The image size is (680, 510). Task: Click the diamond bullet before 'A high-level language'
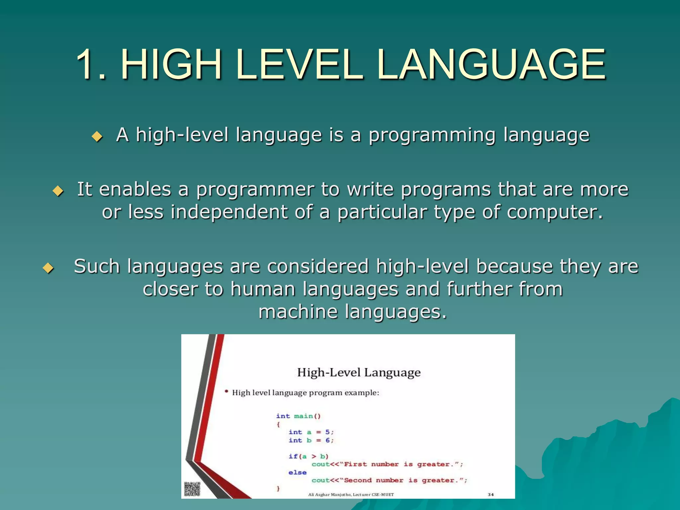pyautogui.click(x=97, y=136)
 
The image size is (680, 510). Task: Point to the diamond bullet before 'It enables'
pyautogui.click(x=58, y=191)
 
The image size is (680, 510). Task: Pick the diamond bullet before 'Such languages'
pyautogui.click(x=48, y=268)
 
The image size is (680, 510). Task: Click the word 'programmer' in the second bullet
pyautogui.click(x=255, y=190)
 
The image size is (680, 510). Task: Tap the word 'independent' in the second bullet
pyautogui.click(x=229, y=212)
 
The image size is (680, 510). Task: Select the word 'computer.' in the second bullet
pyautogui.click(x=554, y=212)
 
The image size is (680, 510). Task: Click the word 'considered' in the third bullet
pyautogui.click(x=318, y=267)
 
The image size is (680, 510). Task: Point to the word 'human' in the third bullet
pyautogui.click(x=263, y=289)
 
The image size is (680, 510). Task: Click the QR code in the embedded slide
pyautogui.click(x=192, y=489)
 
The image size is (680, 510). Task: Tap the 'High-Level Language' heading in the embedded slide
pyautogui.click(x=359, y=373)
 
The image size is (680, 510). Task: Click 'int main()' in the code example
pyautogui.click(x=298, y=416)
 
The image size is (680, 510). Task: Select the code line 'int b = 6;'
pyautogui.click(x=311, y=440)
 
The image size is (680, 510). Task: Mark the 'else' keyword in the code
pyautogui.click(x=297, y=472)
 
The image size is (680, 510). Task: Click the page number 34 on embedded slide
pyautogui.click(x=491, y=494)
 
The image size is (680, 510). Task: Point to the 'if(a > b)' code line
pyautogui.click(x=308, y=457)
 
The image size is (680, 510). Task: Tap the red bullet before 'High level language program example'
pyautogui.click(x=226, y=392)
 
